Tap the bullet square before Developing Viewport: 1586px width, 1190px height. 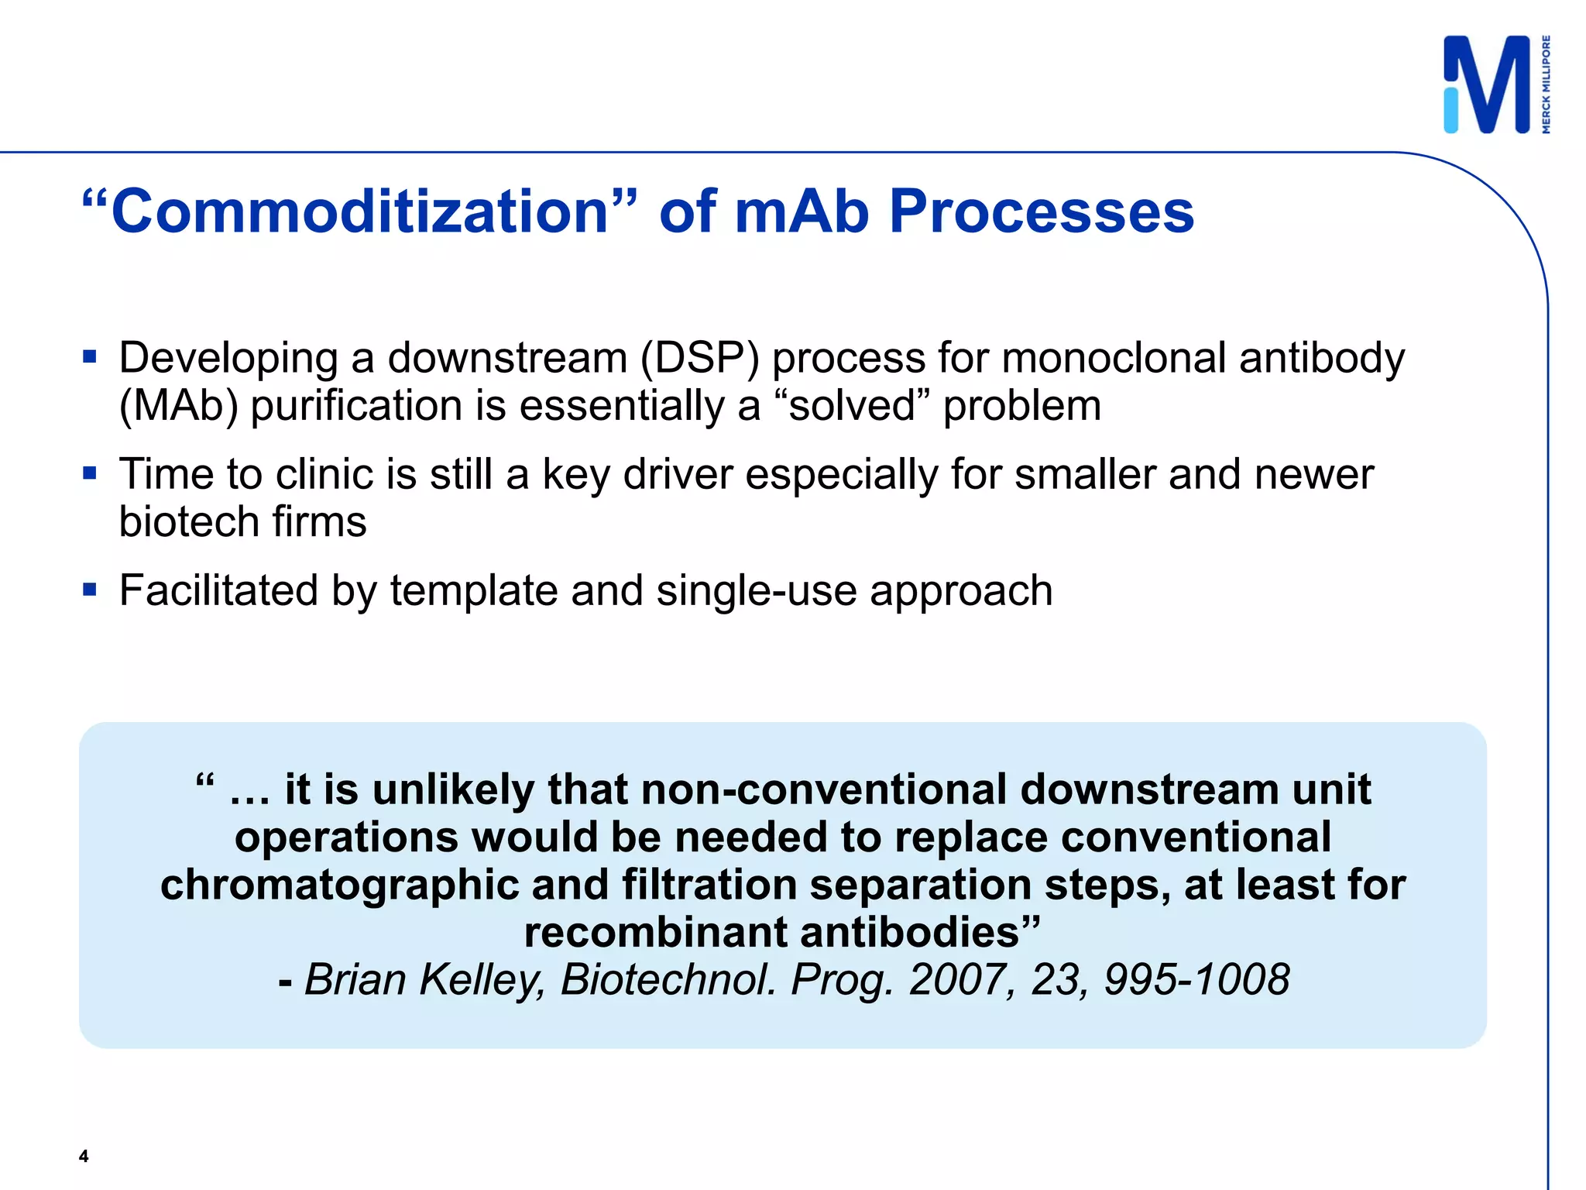[90, 357]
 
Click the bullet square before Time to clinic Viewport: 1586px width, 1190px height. [90, 473]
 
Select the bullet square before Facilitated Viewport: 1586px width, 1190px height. [90, 590]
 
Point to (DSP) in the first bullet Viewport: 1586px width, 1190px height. [700, 359]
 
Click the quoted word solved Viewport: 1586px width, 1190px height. [852, 405]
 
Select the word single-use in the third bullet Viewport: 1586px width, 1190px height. [757, 590]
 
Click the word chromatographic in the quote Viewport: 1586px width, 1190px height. [339, 885]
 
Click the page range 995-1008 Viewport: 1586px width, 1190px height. [1196, 979]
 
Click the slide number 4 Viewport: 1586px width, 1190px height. [84, 1157]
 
